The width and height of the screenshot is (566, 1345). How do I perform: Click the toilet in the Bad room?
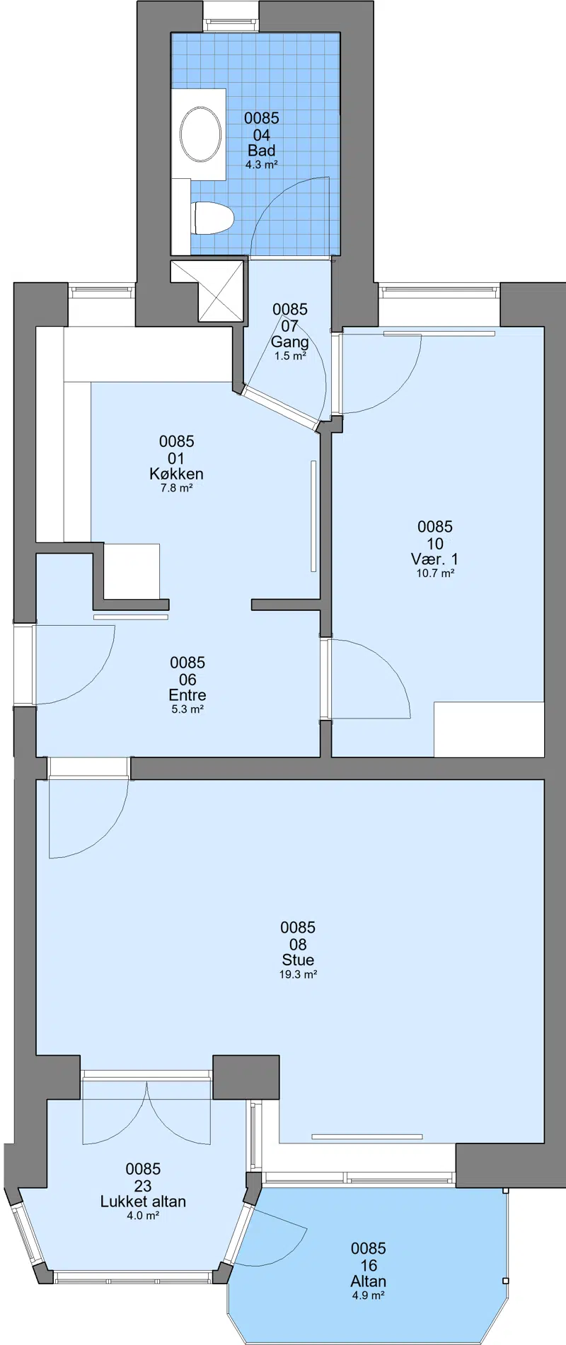(x=213, y=218)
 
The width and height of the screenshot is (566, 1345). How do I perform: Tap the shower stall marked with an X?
(x=219, y=290)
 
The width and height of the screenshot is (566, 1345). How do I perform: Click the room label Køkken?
(x=176, y=474)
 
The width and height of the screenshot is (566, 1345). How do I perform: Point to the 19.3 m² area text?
(x=298, y=974)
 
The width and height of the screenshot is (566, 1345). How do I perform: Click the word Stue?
(x=298, y=960)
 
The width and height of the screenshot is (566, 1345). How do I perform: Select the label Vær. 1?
(x=434, y=559)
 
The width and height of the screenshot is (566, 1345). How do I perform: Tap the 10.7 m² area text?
(x=435, y=573)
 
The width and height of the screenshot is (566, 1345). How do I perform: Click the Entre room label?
(x=187, y=695)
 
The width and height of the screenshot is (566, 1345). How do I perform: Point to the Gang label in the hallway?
(x=290, y=342)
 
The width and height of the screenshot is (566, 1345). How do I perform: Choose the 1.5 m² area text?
(x=290, y=356)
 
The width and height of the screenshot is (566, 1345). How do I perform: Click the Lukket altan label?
(x=143, y=1201)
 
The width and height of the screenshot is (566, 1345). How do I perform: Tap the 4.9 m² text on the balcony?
(x=369, y=1295)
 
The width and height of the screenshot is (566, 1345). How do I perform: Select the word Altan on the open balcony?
(x=369, y=1281)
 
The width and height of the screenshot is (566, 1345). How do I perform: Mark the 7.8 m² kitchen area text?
(x=176, y=488)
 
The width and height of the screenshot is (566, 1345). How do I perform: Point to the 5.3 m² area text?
(x=187, y=709)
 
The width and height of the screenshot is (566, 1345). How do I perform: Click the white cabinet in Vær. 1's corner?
(x=489, y=729)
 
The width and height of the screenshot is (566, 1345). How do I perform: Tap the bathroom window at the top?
(x=233, y=24)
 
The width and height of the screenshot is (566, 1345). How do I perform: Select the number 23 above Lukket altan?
(x=143, y=1186)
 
